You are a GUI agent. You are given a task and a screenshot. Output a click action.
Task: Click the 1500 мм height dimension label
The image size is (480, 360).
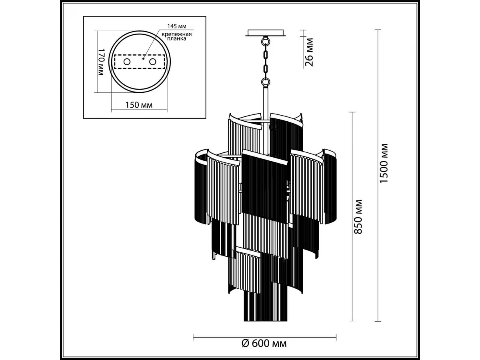click(384, 163)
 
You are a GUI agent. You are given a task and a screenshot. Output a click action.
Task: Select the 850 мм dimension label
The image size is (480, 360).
click(358, 217)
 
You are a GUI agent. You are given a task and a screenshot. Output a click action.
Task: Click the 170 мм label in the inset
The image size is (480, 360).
click(101, 62)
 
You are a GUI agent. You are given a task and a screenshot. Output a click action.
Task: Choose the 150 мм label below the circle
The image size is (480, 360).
click(139, 105)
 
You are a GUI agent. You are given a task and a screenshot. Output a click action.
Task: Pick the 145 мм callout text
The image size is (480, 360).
click(177, 26)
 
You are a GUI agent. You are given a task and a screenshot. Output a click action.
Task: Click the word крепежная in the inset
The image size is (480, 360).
click(176, 34)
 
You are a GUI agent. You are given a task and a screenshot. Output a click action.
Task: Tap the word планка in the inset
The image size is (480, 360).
click(176, 39)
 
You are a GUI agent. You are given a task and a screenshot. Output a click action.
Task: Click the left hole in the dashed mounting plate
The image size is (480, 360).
click(127, 62)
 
